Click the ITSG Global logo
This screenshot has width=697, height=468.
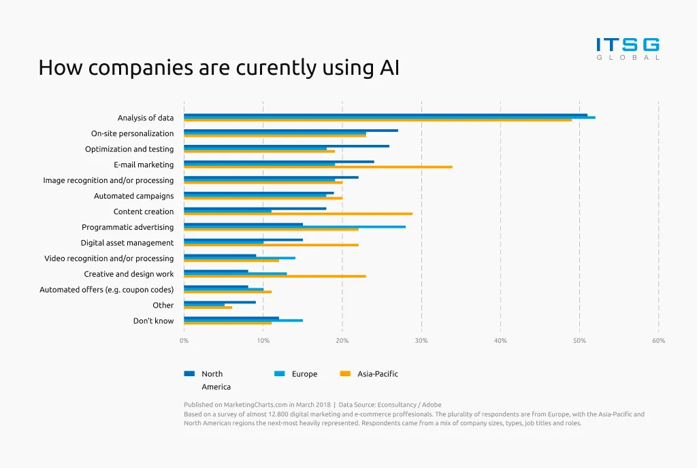tap(628, 48)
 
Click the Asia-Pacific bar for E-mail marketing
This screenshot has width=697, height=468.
tap(318, 167)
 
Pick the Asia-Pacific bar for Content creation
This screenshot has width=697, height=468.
tap(298, 214)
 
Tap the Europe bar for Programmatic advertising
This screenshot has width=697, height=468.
tap(295, 227)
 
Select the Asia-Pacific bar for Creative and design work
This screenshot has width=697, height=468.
tap(275, 276)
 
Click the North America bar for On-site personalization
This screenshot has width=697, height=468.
tap(291, 131)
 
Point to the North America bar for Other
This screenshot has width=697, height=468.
tap(220, 302)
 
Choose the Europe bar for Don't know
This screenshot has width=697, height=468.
tap(243, 320)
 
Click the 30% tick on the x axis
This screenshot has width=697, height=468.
tap(421, 340)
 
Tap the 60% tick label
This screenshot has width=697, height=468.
tap(658, 340)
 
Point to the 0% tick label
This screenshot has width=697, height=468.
tap(184, 340)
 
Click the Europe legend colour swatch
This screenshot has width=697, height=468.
tap(279, 373)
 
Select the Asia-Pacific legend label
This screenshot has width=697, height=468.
tap(377, 373)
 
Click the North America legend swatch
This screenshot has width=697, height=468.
tap(189, 373)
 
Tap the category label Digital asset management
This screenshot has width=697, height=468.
tap(127, 243)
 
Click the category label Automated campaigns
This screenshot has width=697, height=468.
tap(133, 196)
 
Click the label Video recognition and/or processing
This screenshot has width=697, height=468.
tap(109, 258)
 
